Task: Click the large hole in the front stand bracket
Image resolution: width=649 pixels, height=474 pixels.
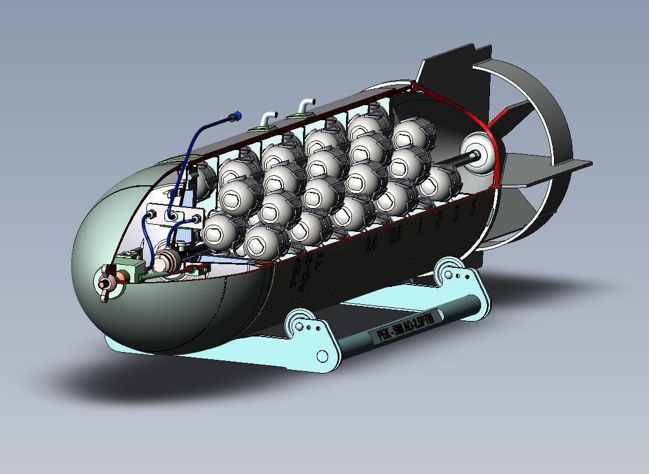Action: (x=322, y=356)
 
